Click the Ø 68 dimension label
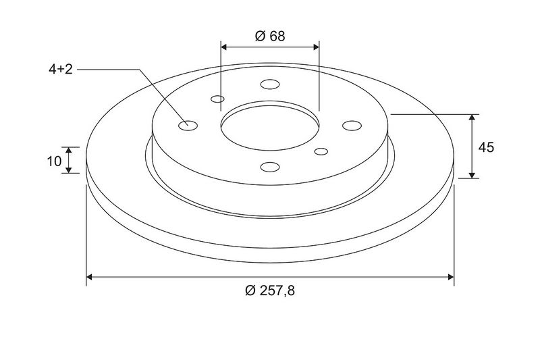pos(270,36)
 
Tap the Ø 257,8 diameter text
pos(270,291)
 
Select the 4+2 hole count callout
pos(61,70)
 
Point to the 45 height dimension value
pos(486,147)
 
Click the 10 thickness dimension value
pos(54,161)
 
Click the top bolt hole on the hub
pos(270,84)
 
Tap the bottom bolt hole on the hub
pos(270,167)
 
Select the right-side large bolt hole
pos(352,126)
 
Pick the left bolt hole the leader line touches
pos(188,126)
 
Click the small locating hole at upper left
pos(217,99)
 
